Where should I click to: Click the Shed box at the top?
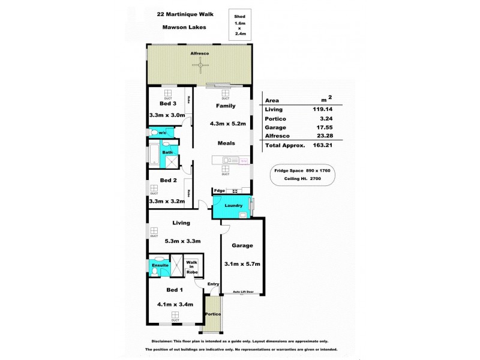pyautogui.click(x=239, y=25)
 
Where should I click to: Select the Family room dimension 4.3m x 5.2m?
pyautogui.click(x=227, y=124)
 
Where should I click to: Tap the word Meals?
pyautogui.click(x=226, y=143)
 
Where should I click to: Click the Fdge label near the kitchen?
pyautogui.click(x=220, y=191)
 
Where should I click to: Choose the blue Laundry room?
pyautogui.click(x=233, y=206)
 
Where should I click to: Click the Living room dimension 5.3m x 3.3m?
pyautogui.click(x=181, y=241)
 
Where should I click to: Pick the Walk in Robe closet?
pyautogui.click(x=191, y=267)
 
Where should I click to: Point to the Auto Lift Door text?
pyautogui.click(x=243, y=292)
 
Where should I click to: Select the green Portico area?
pyautogui.click(x=213, y=314)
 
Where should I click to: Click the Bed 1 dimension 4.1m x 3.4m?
pyautogui.click(x=175, y=304)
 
